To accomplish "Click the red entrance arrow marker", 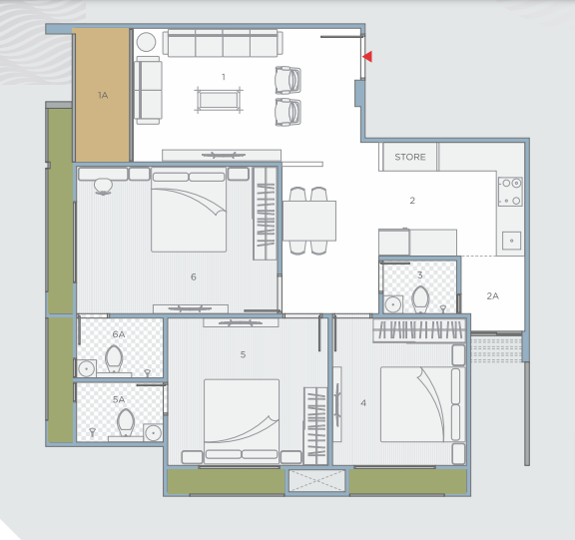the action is pos(367,57).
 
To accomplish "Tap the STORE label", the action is pos(410,157).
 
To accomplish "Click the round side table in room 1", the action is pos(146,42).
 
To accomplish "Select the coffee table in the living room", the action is pos(219,100).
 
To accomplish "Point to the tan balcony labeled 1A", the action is pos(102,95).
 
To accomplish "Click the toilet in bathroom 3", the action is pos(420,299).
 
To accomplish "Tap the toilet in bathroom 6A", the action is pos(114,358).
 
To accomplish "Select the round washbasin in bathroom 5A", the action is pos(153,432).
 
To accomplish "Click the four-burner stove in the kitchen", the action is pos(510,192).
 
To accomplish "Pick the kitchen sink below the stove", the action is pos(511,241).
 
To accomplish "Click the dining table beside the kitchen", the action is pos(309,221).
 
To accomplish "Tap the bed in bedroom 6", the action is pos(189,210).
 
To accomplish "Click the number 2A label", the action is pos(492,296).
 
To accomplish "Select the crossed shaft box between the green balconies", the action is pos(316,481).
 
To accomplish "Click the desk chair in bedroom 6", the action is pos(103,187).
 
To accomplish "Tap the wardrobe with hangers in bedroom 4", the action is pos(419,330).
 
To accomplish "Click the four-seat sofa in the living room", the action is pos(223,43).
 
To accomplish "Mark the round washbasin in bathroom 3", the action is pos(393,304).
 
